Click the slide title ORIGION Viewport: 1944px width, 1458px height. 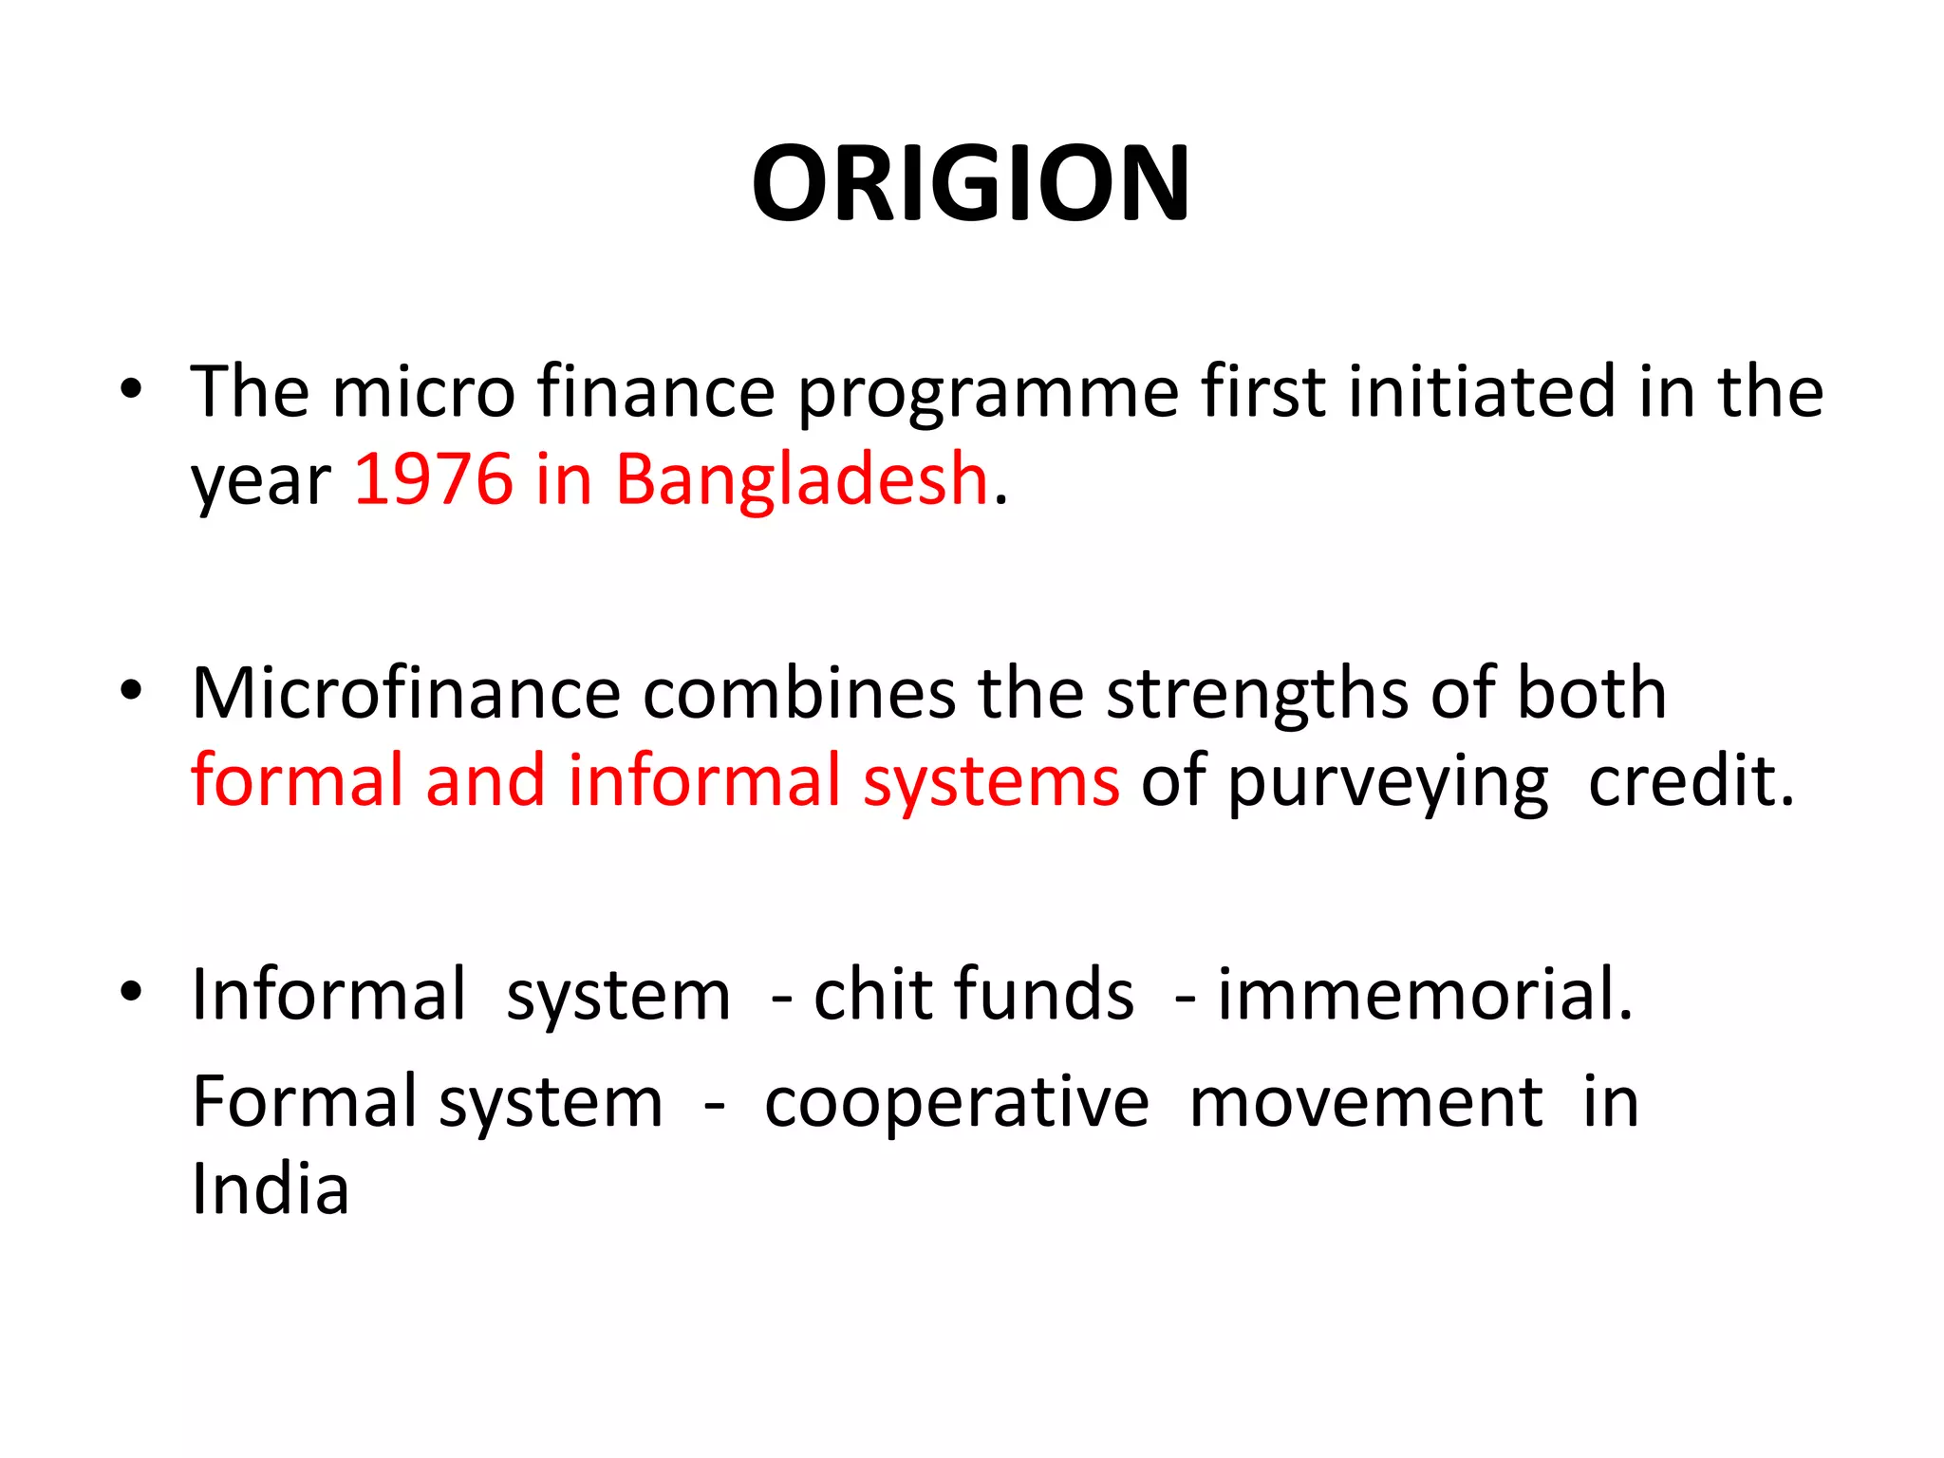coord(970,182)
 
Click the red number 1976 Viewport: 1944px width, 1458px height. coord(433,478)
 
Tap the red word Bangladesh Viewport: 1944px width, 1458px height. coord(802,478)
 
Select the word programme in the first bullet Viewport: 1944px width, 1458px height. coord(987,393)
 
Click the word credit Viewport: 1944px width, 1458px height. coord(1691,780)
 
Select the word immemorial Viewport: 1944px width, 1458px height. coord(1425,995)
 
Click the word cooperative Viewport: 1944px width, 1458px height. coord(957,1103)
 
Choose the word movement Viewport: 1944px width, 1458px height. coord(1366,1103)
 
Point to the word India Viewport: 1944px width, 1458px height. coord(271,1188)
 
